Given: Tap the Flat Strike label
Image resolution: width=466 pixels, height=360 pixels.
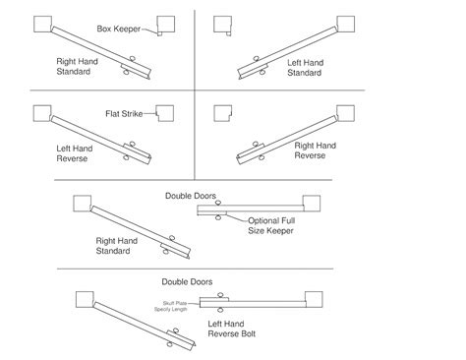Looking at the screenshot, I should point(123,115).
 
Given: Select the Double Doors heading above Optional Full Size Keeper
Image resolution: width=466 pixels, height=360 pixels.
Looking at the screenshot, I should point(191,195).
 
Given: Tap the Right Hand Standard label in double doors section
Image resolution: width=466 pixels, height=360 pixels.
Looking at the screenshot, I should point(117,245).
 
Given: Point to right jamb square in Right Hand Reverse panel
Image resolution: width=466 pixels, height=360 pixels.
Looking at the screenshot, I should point(346,112).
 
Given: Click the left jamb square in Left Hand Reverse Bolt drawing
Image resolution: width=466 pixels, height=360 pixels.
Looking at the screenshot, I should point(84,298).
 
